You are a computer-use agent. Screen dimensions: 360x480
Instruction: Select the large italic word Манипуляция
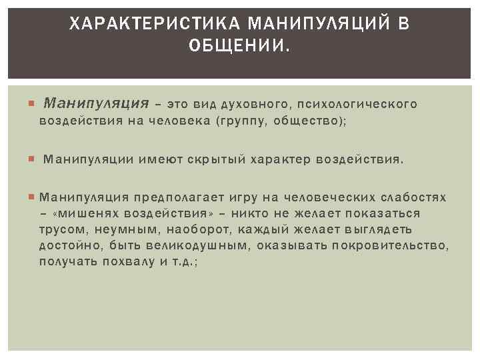[95, 104]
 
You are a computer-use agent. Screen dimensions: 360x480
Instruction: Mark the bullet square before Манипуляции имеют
[33, 159]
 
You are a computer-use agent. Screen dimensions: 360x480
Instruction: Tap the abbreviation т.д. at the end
[179, 262]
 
